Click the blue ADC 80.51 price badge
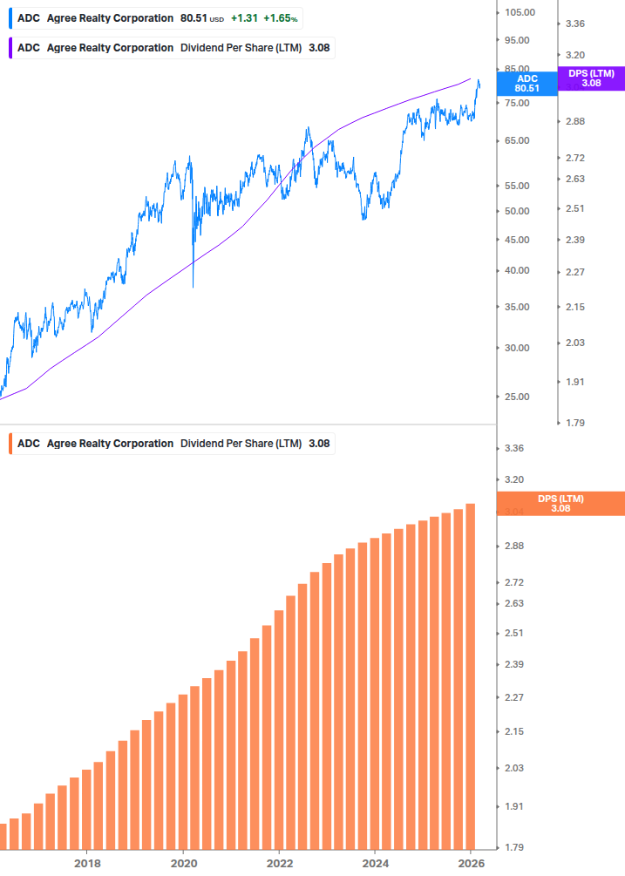pos(526,83)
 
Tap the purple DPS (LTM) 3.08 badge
pos(591,78)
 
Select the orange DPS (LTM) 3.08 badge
pos(560,503)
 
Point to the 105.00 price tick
pos(520,12)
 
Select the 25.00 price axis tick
pos(518,397)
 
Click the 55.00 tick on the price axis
pos(518,186)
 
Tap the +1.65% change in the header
pos(281,17)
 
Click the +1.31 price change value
pos(243,17)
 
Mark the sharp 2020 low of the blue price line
pos(193,286)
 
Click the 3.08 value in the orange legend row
pos(319,444)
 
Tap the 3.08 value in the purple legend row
pos(319,48)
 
